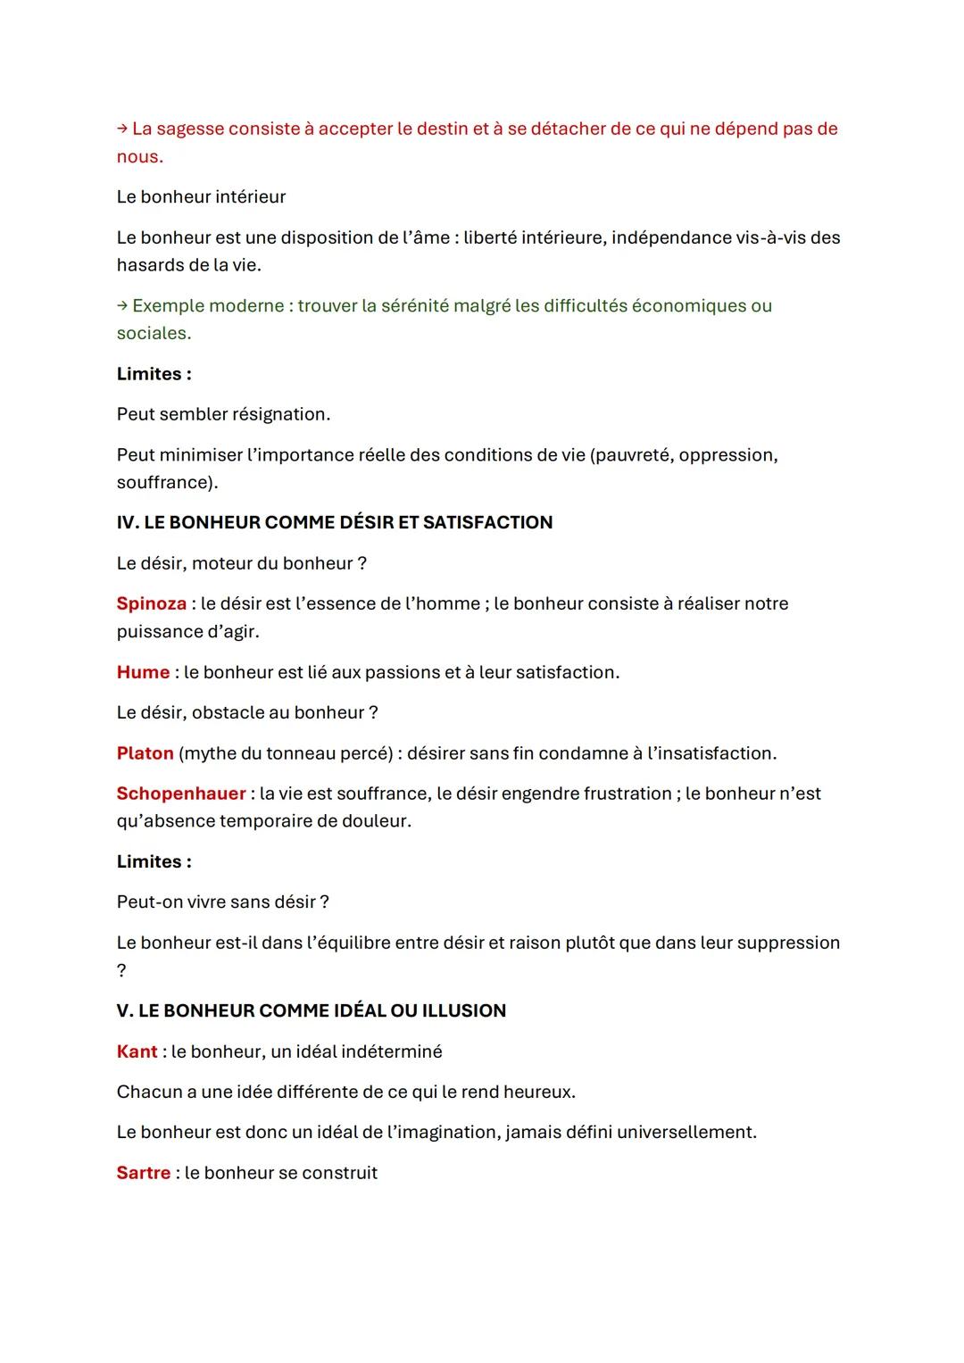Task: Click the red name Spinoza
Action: pos(151,603)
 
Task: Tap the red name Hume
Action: pos(143,672)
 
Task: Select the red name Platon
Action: pos(145,753)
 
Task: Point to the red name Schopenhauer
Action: pos(181,794)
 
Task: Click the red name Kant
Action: pos(137,1051)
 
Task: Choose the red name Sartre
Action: pos(143,1173)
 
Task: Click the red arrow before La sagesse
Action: pos(122,129)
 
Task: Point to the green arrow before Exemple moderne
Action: pos(122,305)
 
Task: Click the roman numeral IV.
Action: pos(127,522)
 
